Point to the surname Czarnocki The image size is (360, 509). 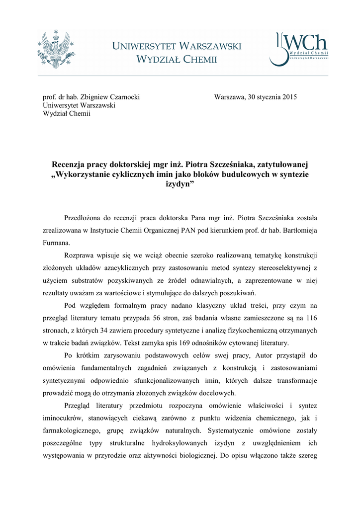click(x=121, y=97)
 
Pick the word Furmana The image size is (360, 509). click(x=57, y=244)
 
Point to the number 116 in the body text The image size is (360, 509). click(x=312, y=318)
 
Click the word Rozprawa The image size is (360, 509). click(x=81, y=255)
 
